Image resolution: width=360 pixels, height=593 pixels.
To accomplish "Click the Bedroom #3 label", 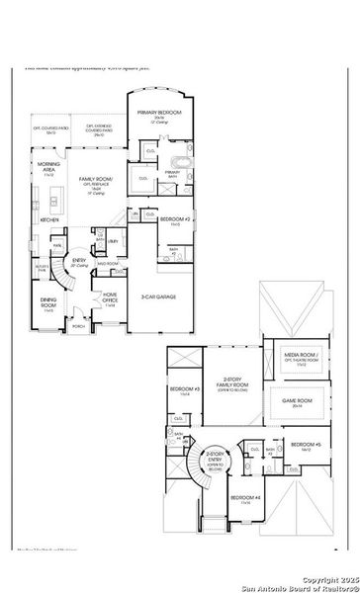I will point(184,389).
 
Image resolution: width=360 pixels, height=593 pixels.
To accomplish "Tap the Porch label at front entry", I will point(77,325).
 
